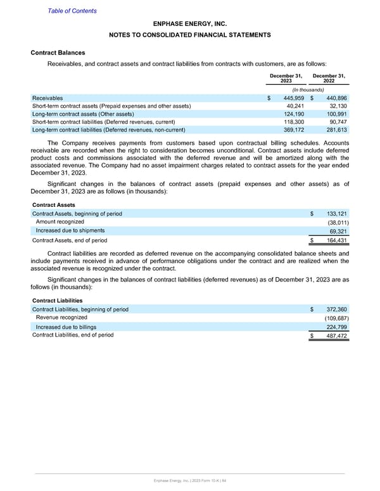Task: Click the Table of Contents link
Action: coord(72,11)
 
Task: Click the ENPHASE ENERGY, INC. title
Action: coord(189,23)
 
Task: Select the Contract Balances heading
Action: coord(58,53)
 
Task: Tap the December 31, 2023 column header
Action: coord(286,80)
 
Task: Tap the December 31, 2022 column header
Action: coord(330,80)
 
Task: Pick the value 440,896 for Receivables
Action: coord(335,98)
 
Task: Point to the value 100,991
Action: coord(335,114)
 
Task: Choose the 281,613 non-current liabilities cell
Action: coord(335,130)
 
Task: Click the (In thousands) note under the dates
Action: coord(308,90)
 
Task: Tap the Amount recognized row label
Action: coord(60,221)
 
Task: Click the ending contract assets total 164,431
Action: coord(336,240)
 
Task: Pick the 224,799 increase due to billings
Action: coord(336,327)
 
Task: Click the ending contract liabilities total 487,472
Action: coord(336,336)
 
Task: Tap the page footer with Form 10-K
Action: coord(189,482)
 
